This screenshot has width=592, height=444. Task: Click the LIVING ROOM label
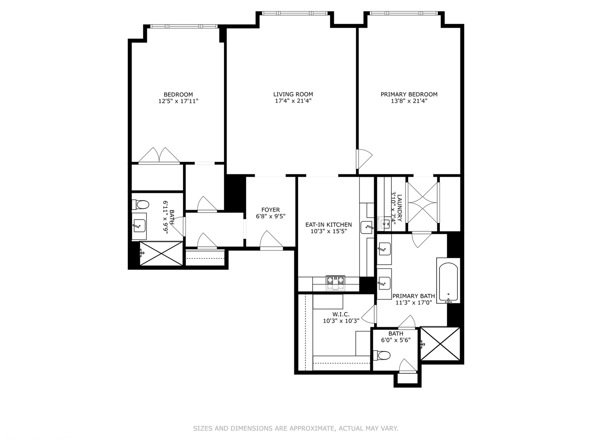293,95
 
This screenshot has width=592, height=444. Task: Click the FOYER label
271,210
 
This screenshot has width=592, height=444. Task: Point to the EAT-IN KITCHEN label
328,224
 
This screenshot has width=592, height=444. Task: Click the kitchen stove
335,283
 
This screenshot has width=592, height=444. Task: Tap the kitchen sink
367,227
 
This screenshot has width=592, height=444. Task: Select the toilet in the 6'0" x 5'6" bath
382,355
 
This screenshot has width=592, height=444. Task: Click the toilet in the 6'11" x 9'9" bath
140,205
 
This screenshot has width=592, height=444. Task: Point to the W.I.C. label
341,314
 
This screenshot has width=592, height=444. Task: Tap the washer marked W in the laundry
384,224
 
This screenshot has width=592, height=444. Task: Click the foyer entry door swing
271,239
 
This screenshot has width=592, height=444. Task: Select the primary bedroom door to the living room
364,159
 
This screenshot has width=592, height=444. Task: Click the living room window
295,13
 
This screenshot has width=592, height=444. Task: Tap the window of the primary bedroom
403,13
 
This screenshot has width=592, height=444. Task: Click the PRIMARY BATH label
414,296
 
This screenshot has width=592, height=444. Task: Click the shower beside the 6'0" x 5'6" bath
440,344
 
